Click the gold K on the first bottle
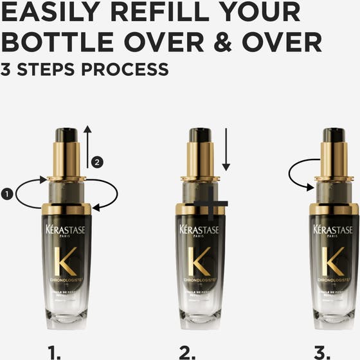[x=66, y=260]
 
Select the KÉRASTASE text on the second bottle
[x=199, y=230]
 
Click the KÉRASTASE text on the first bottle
[x=66, y=230]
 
